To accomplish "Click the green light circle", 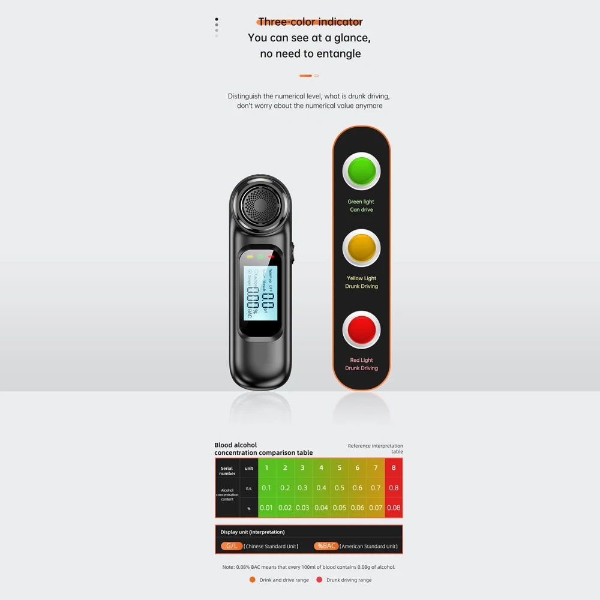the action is (361, 171).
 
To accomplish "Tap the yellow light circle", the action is (361, 248).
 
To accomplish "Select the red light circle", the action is (361, 329).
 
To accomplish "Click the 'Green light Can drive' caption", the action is (361, 206).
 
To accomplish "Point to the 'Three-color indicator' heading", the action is (310, 22).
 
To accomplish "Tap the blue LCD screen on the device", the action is (260, 293).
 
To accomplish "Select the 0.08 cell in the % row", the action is (394, 508).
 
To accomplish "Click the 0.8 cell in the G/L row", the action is (394, 488).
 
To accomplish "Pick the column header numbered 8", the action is (394, 467).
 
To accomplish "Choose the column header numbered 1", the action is (266, 467).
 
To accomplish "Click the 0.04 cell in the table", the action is (321, 508).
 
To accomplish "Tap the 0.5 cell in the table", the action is (340, 488).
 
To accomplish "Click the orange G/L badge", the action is (232, 546).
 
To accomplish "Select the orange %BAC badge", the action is (326, 546).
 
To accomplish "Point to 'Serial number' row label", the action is (227, 471).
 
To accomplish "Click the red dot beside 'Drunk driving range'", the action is (319, 580).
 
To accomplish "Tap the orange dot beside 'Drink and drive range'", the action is (253, 580).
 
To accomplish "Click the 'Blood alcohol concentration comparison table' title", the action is (263, 449).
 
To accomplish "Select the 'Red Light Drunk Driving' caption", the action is (361, 364).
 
